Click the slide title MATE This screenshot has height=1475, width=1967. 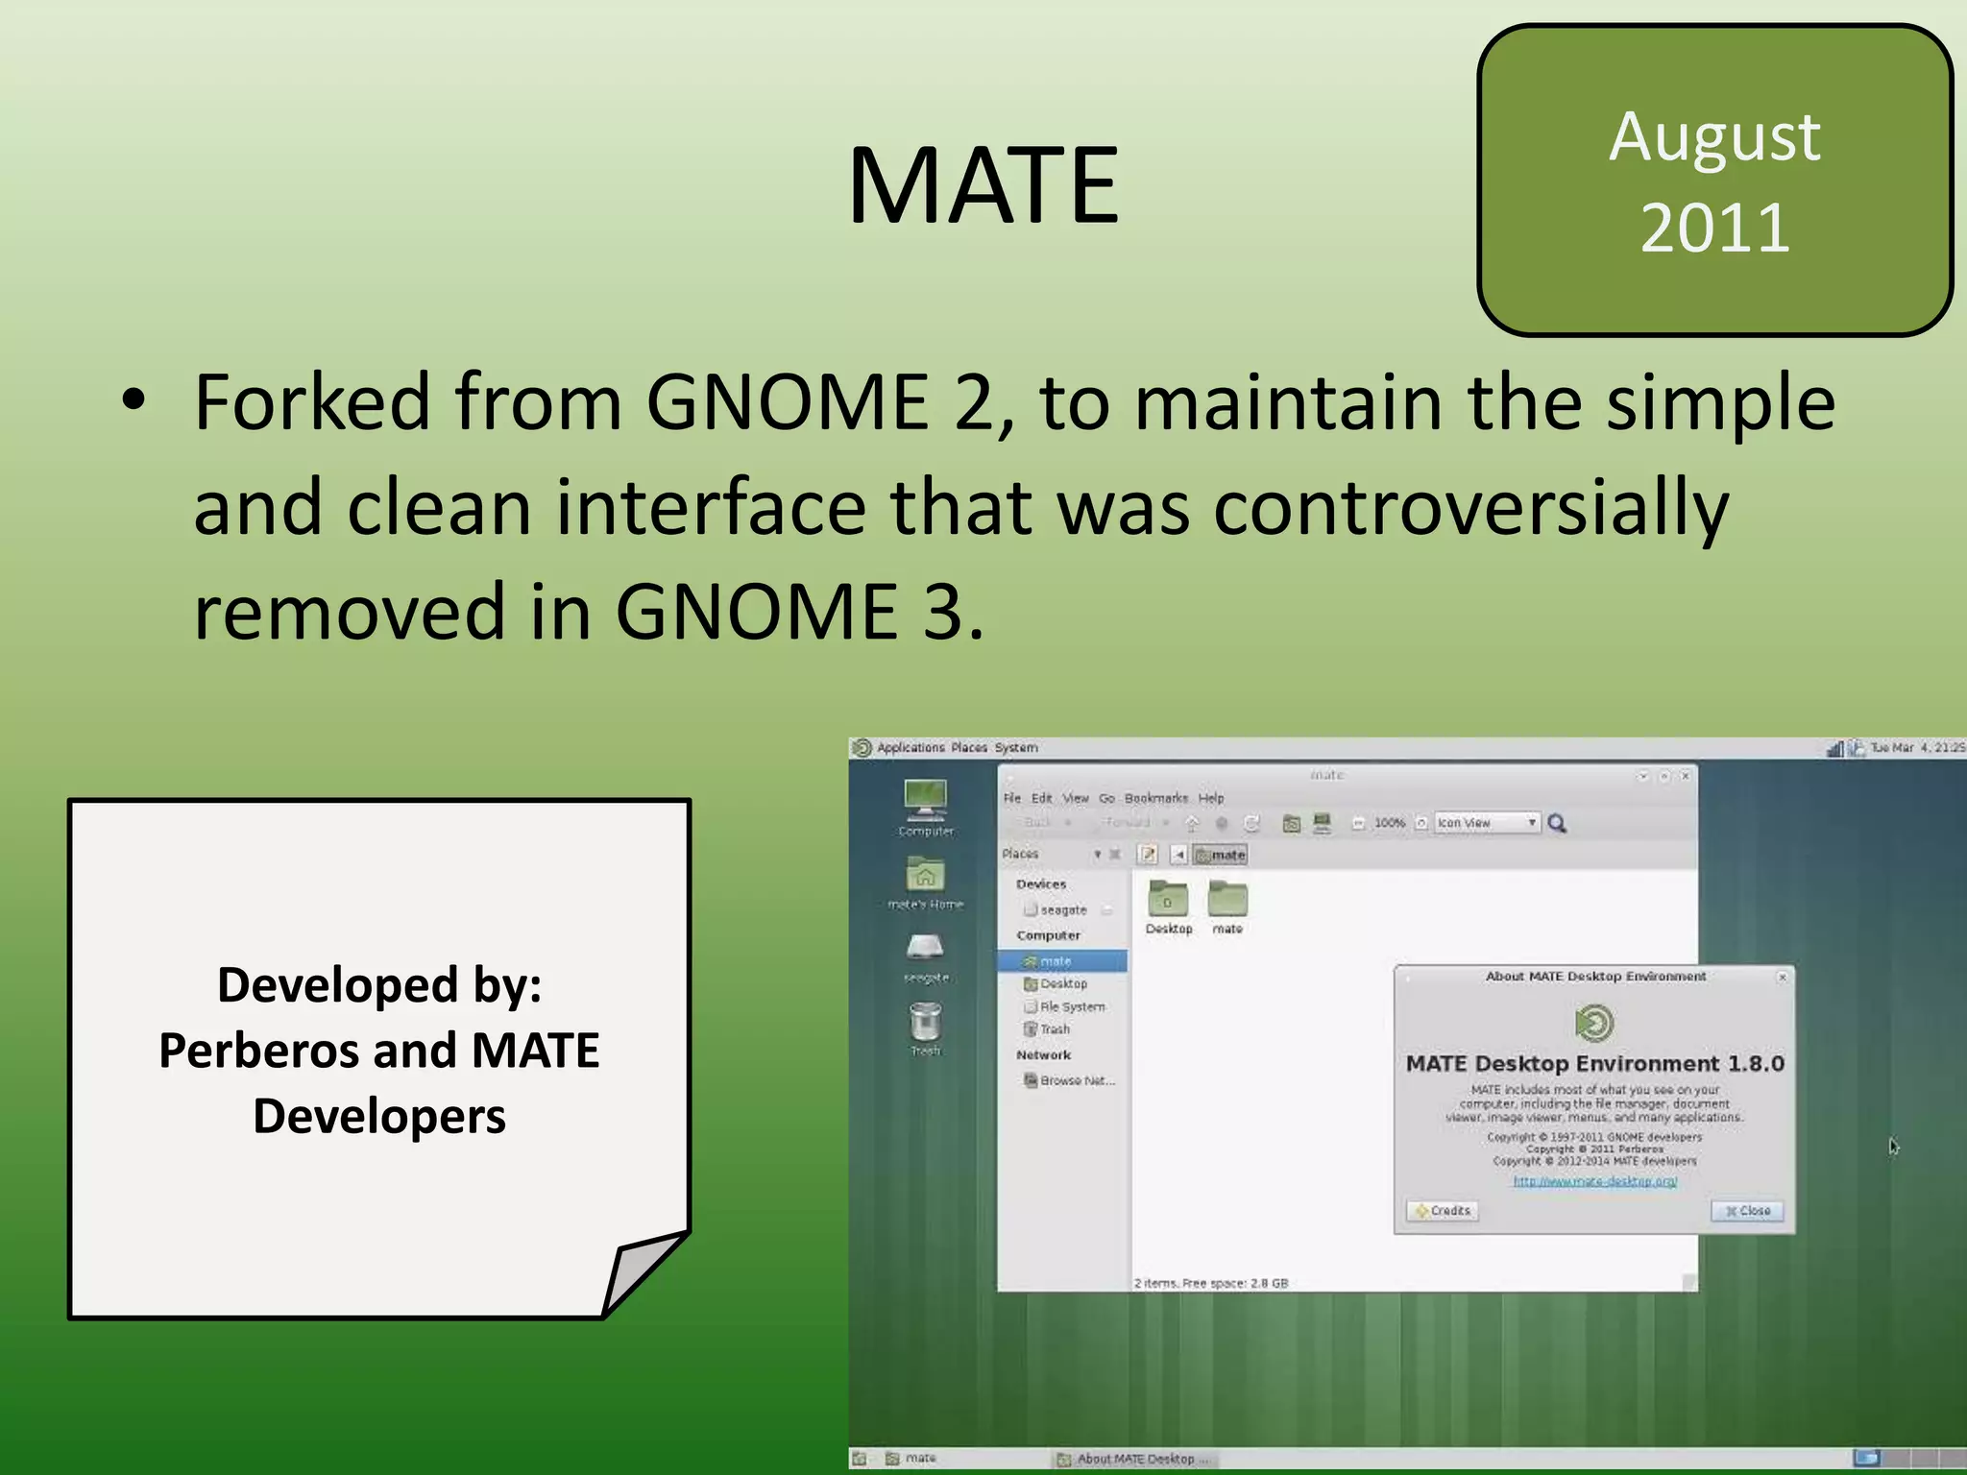983,184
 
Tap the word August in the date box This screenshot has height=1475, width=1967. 1714,137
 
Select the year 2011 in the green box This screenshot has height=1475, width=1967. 1714,229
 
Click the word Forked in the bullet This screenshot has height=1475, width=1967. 312,401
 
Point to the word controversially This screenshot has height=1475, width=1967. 1469,507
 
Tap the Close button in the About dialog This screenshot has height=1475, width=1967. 1747,1211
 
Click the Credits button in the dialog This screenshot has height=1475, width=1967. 1443,1211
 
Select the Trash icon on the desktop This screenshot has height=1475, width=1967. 925,1024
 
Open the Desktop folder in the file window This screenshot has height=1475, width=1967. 1168,903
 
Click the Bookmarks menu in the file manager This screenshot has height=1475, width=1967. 1155,798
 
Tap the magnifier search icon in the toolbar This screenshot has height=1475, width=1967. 1557,823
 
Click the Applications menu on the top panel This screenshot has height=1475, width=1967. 910,747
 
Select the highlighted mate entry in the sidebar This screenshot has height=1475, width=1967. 1061,961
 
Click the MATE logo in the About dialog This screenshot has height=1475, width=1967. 1594,1023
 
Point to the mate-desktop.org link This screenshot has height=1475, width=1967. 1594,1181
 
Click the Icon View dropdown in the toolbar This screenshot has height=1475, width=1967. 1486,823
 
